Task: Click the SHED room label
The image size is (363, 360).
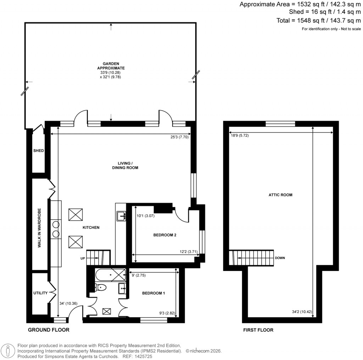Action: pyautogui.click(x=38, y=151)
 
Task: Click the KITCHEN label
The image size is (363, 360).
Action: pyautogui.click(x=91, y=228)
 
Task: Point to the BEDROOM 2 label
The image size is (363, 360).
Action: pyautogui.click(x=165, y=235)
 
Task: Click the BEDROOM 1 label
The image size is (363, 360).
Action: pyautogui.click(x=153, y=293)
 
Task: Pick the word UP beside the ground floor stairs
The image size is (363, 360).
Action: pyautogui.click(x=83, y=259)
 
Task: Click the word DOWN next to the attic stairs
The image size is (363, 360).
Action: pyautogui.click(x=280, y=258)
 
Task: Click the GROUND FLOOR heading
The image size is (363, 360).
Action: pyautogui.click(x=49, y=330)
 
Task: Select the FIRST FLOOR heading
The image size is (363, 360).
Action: pyautogui.click(x=258, y=330)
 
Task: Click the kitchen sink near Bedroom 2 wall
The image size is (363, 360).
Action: pyautogui.click(x=121, y=215)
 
